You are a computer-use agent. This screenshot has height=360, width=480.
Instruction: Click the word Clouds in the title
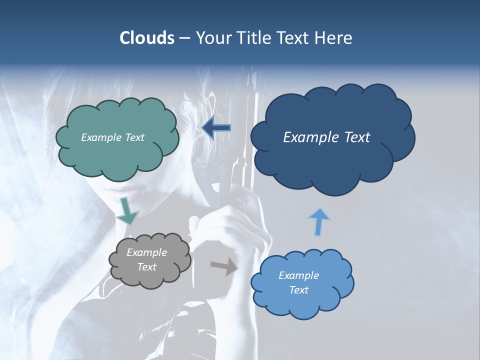click(146, 38)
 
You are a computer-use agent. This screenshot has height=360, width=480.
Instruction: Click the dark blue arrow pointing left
click(216, 128)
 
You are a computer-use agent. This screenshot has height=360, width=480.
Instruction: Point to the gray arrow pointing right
click(224, 267)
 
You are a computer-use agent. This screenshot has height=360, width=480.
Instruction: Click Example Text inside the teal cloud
click(112, 137)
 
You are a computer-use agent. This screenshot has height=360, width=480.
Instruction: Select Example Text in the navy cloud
click(326, 137)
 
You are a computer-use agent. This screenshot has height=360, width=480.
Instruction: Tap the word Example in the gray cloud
click(146, 252)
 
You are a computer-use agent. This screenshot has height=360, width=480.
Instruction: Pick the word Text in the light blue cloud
click(298, 290)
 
